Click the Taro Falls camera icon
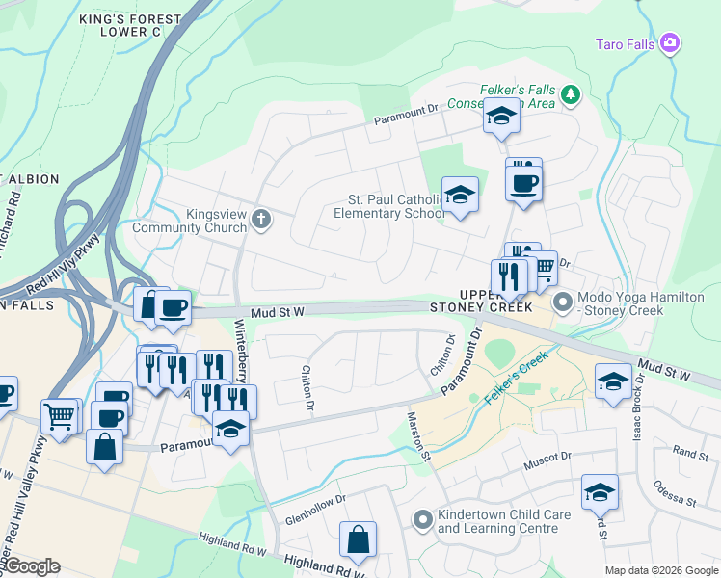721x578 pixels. click(670, 42)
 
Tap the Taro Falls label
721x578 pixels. click(625, 43)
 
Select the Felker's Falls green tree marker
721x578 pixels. click(571, 93)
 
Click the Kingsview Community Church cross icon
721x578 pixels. click(259, 221)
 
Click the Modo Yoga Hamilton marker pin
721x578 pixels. click(562, 303)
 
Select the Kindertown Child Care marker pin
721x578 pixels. click(421, 520)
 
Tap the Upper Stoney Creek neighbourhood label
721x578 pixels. click(494, 300)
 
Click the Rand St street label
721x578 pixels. click(690, 451)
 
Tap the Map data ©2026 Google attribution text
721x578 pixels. click(660, 570)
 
